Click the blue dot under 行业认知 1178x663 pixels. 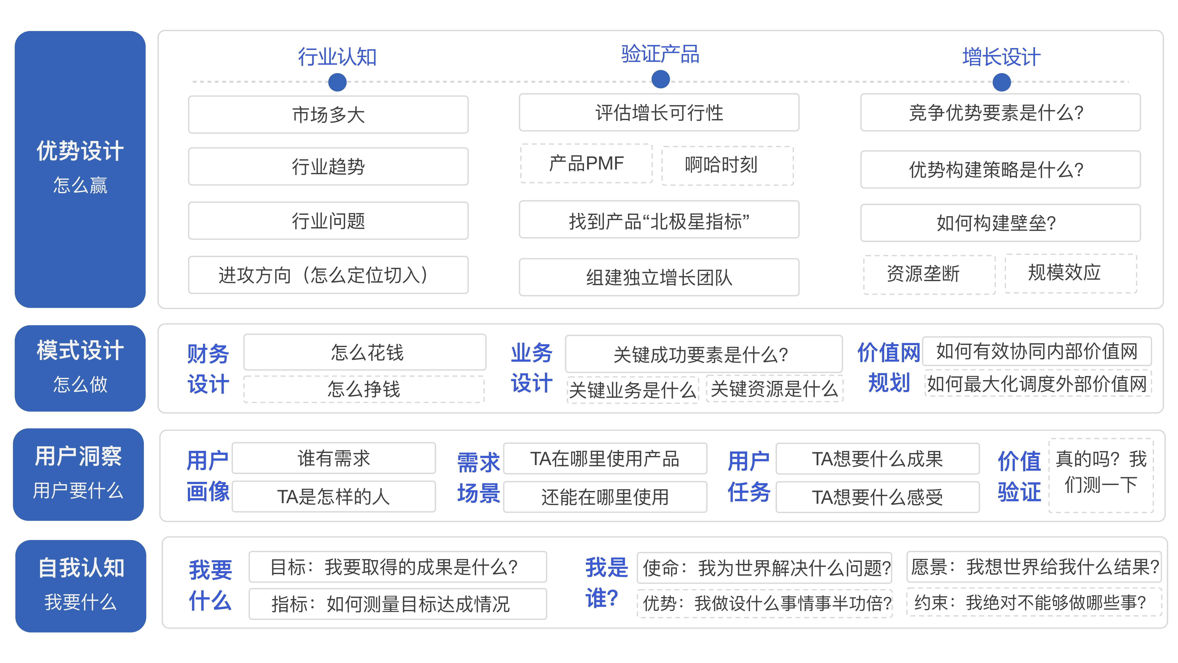(x=337, y=82)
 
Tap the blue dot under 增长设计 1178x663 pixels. (x=1001, y=82)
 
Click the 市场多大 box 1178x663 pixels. (x=328, y=114)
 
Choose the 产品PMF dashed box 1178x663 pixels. (x=586, y=163)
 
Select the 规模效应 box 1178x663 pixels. (x=1071, y=273)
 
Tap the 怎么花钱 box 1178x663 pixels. (x=365, y=352)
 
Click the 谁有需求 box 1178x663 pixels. (x=334, y=458)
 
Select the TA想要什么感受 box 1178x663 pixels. (x=878, y=497)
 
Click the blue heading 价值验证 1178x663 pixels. (x=1019, y=476)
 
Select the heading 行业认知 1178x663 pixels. (x=337, y=57)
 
